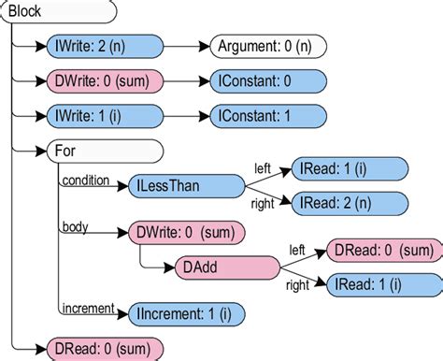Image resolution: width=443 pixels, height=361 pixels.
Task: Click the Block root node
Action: pos(56,12)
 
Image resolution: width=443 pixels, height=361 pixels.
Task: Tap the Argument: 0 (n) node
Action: pos(265,45)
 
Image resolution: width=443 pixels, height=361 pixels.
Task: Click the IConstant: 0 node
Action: pos(265,80)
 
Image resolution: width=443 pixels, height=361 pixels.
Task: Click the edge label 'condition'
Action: pos(85,180)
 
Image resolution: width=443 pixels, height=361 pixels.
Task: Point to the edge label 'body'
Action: pos(75,227)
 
